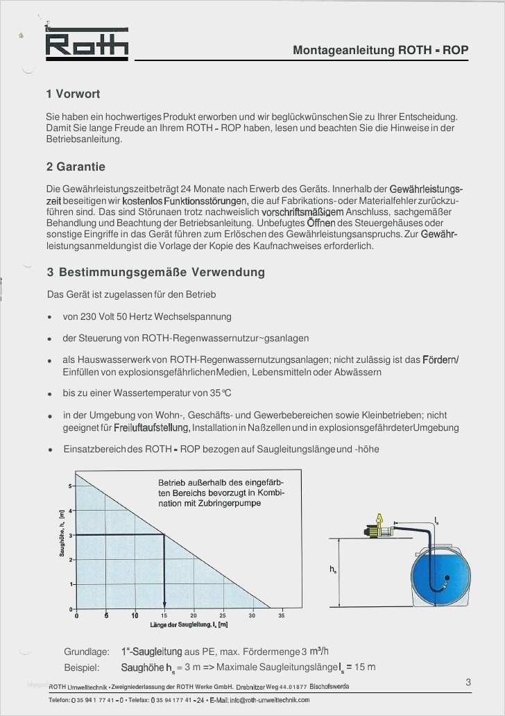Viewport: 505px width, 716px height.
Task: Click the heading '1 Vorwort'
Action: (73, 94)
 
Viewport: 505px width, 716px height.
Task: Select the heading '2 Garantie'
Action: (76, 167)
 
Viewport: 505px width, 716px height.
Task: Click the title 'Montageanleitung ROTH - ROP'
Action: (380, 50)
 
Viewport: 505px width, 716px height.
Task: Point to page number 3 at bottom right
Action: (469, 683)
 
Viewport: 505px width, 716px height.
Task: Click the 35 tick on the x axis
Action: (281, 615)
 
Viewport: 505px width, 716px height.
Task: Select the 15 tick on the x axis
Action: (164, 615)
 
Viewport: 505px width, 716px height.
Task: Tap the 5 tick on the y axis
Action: (69, 486)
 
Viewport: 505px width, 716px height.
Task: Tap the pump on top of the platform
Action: (379, 530)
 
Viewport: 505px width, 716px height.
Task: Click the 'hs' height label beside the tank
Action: (334, 570)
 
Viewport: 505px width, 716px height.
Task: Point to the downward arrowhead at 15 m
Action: (164, 604)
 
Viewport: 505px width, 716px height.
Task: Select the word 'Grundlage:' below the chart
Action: (87, 651)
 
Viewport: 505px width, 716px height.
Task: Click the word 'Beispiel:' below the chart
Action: (83, 667)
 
